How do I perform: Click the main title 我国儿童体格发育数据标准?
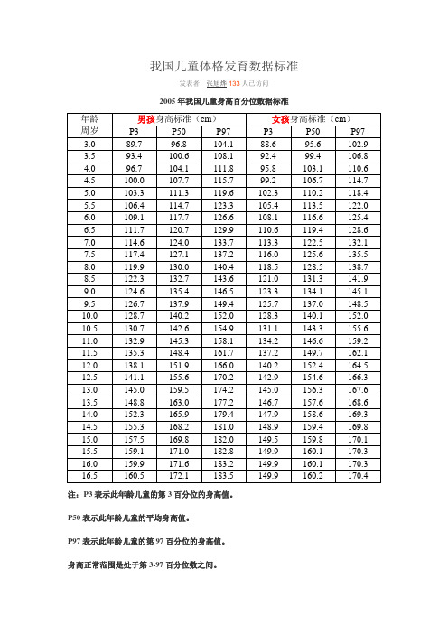click(x=223, y=67)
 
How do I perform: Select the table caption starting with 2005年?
click(x=223, y=98)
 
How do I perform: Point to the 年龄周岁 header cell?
click(x=89, y=125)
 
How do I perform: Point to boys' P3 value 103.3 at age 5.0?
click(x=133, y=192)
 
